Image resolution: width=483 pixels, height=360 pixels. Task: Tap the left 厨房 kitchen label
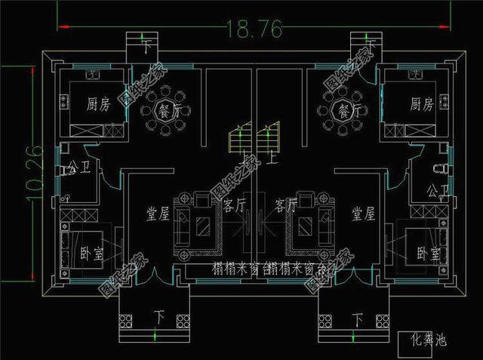pos(99,104)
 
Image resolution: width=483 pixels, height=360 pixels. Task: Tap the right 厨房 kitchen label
pos(421,103)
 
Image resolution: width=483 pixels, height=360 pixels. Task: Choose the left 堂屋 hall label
pos(157,214)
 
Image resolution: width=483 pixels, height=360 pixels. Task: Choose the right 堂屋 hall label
pos(363,214)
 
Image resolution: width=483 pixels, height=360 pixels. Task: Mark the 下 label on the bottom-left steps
pos(159,315)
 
